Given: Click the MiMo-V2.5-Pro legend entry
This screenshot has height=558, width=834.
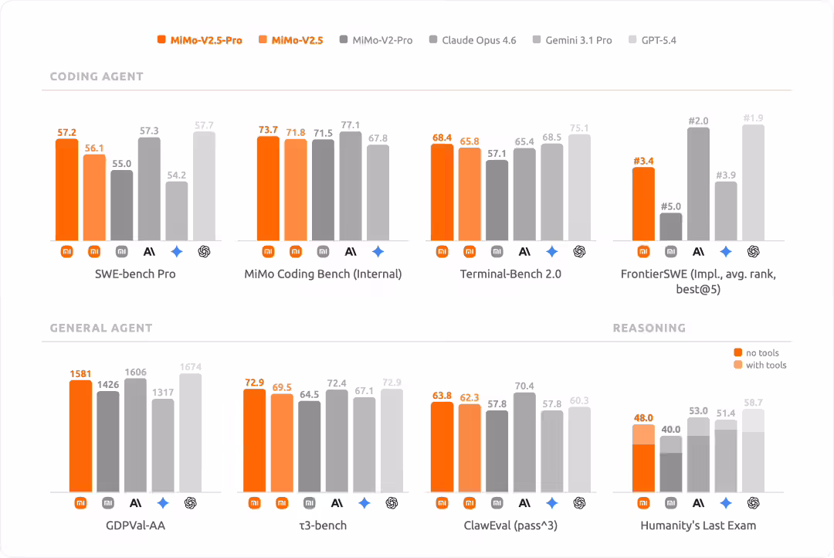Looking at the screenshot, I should (x=199, y=40).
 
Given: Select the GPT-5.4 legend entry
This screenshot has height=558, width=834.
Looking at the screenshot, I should (x=653, y=40).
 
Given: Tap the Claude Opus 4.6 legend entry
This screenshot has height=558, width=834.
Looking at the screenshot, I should (x=472, y=40).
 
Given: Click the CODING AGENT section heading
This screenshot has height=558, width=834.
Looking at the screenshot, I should (x=97, y=77).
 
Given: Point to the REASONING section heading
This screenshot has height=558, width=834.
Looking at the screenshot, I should (x=649, y=328).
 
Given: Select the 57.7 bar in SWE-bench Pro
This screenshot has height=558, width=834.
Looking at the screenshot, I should (x=204, y=185).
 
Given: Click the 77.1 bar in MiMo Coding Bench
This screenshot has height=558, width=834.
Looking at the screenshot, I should (x=351, y=185).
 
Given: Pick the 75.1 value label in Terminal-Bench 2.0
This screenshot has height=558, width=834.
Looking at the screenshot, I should (x=579, y=128).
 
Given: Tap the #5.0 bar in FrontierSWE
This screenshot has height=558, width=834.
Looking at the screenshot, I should (x=671, y=226).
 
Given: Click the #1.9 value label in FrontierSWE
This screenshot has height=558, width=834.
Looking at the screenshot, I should (x=754, y=118).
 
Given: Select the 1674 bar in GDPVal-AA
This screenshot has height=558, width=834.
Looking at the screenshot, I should (x=190, y=433).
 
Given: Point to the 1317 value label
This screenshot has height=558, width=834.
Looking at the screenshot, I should (x=163, y=393).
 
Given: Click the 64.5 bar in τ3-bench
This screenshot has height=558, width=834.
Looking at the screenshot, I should (x=309, y=446).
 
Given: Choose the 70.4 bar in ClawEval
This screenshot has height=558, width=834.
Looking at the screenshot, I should (x=524, y=442).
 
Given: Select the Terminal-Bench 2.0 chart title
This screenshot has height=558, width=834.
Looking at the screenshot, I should (x=510, y=274).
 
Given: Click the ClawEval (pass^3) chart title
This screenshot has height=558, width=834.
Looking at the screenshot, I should (x=510, y=526).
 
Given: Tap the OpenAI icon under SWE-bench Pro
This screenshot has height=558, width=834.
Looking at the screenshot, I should (x=204, y=251).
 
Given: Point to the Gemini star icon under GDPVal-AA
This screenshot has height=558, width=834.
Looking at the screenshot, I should (x=163, y=503).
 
